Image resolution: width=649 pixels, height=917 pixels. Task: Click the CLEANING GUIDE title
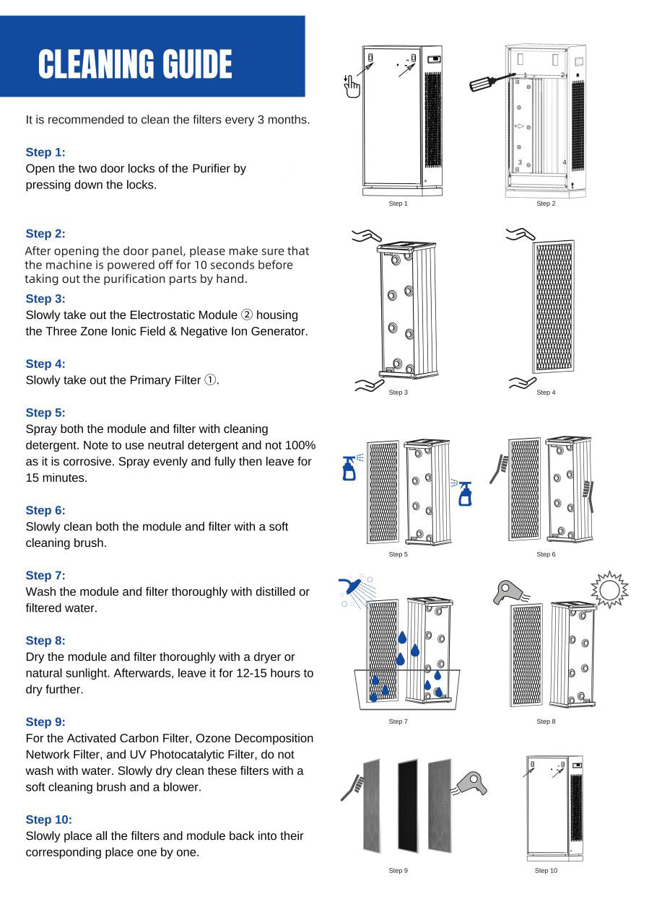[135, 65]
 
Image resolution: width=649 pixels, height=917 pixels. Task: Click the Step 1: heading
[45, 152]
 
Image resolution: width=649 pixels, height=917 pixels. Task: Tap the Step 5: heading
[45, 413]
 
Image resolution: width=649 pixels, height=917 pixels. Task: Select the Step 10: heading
[48, 820]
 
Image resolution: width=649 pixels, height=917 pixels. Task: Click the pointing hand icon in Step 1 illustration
[352, 85]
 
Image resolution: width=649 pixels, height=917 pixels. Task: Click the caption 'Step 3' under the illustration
[398, 392]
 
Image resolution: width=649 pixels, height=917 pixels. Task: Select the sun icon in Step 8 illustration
[609, 590]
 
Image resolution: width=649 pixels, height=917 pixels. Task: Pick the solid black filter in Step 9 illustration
[408, 805]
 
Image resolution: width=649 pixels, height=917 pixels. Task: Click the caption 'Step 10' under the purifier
[546, 871]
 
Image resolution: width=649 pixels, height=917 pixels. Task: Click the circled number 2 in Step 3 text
[247, 315]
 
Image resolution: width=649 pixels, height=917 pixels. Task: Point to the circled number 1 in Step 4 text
[210, 380]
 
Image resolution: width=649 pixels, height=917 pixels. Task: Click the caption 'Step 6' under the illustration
[546, 554]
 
